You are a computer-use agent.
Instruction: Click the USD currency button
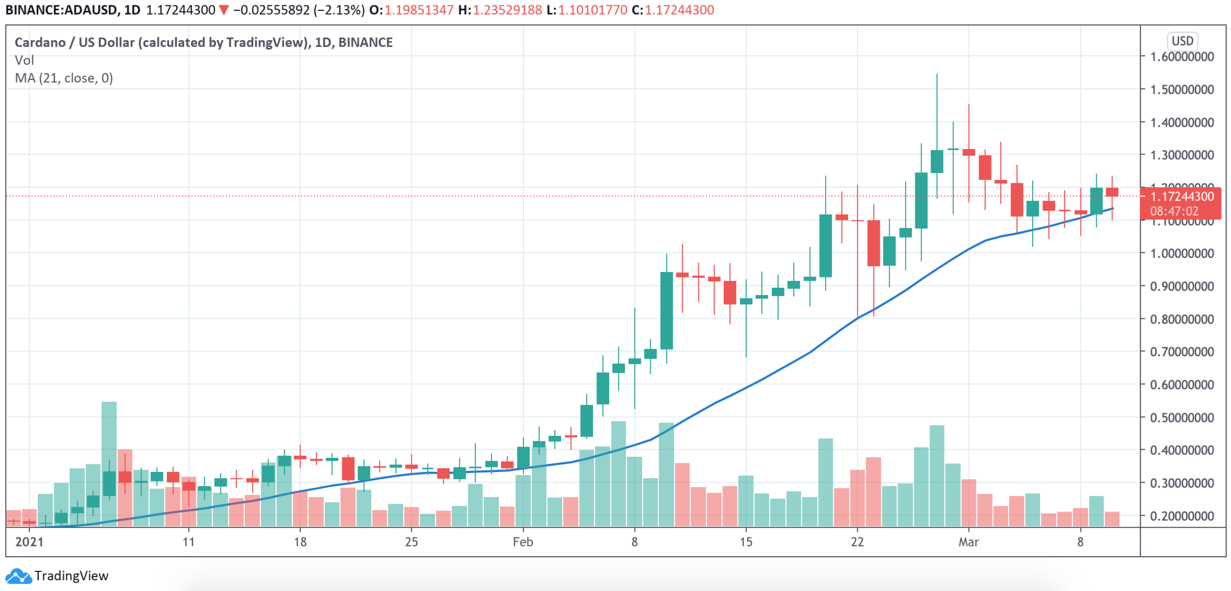[1182, 41]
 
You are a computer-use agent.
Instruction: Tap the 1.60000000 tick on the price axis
[1182, 57]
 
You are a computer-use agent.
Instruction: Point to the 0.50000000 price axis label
[1182, 418]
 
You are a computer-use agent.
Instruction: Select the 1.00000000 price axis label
[1182, 254]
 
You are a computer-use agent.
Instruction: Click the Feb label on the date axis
[523, 542]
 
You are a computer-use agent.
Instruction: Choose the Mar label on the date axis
[969, 542]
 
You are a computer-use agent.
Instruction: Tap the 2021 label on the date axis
[29, 542]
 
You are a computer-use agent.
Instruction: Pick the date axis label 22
[857, 542]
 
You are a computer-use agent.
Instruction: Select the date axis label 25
[411, 542]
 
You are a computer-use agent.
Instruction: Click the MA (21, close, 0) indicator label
[64, 78]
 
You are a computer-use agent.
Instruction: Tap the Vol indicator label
[24, 60]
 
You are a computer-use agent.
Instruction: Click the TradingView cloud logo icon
[19, 576]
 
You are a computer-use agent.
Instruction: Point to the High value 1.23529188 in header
[507, 10]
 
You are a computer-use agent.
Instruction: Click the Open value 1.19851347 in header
[419, 10]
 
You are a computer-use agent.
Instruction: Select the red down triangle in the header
[224, 10]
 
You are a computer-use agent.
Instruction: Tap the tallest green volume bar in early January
[109, 463]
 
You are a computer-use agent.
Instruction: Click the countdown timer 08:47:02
[1174, 212]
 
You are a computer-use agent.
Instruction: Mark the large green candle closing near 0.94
[666, 311]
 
